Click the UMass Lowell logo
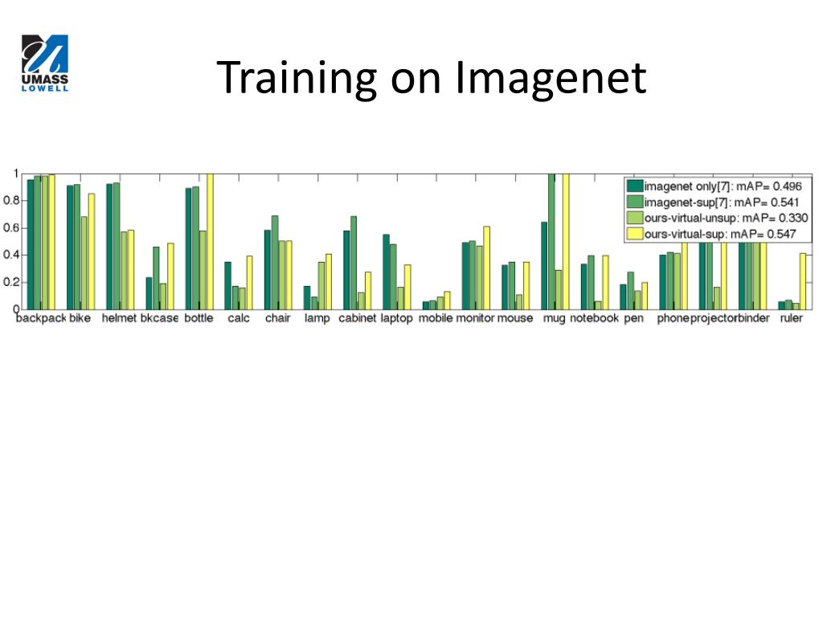pyautogui.click(x=45, y=63)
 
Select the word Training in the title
pyautogui.click(x=297, y=78)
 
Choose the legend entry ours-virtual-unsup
pyautogui.click(x=718, y=218)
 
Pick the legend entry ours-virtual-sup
pyautogui.click(x=712, y=234)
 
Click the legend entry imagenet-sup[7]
pyautogui.click(x=714, y=202)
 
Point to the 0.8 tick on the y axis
pyautogui.click(x=11, y=200)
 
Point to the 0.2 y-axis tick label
pyautogui.click(x=11, y=282)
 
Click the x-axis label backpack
pyautogui.click(x=41, y=318)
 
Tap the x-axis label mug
pyautogui.click(x=555, y=318)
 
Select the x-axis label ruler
pyautogui.click(x=791, y=318)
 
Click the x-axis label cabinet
pyautogui.click(x=358, y=318)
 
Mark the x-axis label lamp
pyautogui.click(x=317, y=318)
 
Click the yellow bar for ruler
pyautogui.click(x=803, y=281)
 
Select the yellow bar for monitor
pyautogui.click(x=486, y=268)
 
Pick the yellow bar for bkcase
pyautogui.click(x=170, y=276)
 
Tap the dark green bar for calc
pyautogui.click(x=227, y=285)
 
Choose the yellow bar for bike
pyautogui.click(x=92, y=251)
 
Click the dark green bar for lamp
pyautogui.click(x=307, y=297)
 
